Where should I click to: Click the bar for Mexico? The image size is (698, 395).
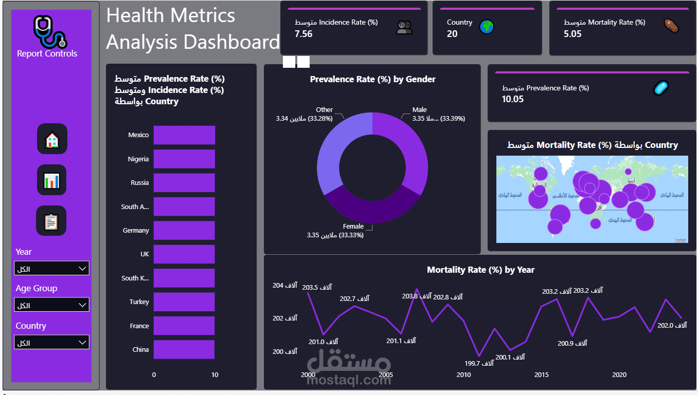pos(184,135)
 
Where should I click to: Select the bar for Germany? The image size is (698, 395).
pos(184,231)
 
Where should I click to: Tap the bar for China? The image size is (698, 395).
pos(184,349)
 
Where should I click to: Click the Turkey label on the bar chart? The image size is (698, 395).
pos(139,302)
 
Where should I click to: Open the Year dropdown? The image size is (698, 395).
pos(51,268)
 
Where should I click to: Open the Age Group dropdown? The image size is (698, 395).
pos(51,305)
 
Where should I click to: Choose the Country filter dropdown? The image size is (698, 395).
pos(51,342)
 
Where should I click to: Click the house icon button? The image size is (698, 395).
pos(52,139)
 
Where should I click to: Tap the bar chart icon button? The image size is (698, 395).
pos(52,180)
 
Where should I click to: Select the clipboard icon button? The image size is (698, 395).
pos(52,221)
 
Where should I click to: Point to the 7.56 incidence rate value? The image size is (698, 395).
pos(303,34)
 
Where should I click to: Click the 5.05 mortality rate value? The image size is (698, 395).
pos(572,34)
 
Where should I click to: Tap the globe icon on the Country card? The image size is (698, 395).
pos(487,27)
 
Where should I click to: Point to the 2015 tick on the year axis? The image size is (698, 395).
pos(541,375)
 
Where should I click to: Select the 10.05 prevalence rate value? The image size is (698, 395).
pos(513,99)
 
